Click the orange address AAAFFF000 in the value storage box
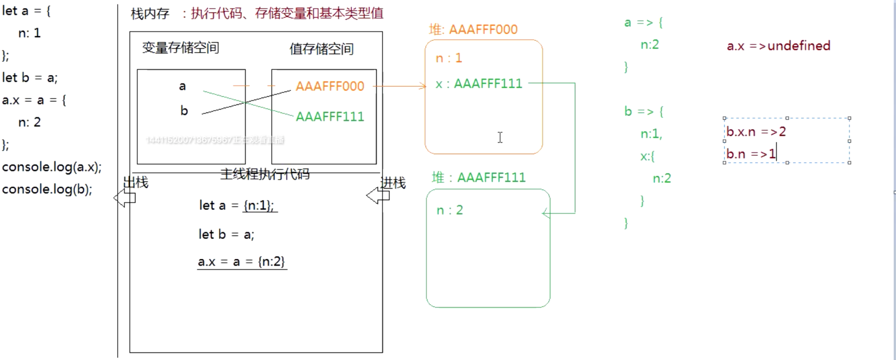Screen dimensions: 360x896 [x=329, y=86]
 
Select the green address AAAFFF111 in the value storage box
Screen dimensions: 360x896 [x=329, y=116]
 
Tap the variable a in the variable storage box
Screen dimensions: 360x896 [x=182, y=86]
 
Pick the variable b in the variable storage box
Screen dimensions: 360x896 [x=184, y=111]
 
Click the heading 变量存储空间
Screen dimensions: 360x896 [x=180, y=48]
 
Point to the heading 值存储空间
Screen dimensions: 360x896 [x=321, y=49]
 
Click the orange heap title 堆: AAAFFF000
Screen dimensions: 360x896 [x=473, y=30]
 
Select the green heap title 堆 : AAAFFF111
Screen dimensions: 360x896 [x=479, y=178]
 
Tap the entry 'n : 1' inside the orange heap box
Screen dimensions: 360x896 [x=449, y=58]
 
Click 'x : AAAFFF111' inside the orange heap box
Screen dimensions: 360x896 [x=479, y=84]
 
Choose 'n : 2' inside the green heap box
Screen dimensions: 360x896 [x=450, y=210]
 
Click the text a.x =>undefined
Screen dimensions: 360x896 [x=778, y=46]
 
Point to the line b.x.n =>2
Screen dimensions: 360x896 [x=756, y=132]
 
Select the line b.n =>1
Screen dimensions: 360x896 [x=751, y=154]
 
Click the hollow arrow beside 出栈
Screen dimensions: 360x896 [x=124, y=198]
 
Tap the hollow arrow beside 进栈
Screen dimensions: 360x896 [x=378, y=196]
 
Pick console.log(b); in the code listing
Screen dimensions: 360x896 [x=47, y=190]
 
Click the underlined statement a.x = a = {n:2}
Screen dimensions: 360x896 [x=242, y=262]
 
